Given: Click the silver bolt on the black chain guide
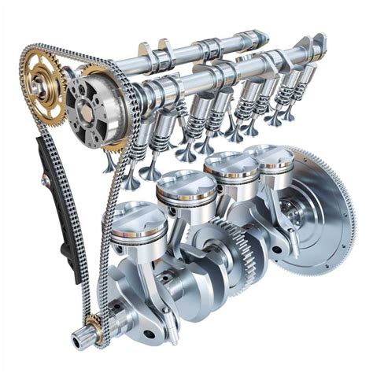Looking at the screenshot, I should click(x=47, y=182).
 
